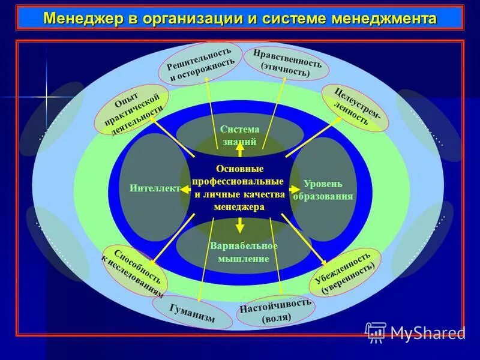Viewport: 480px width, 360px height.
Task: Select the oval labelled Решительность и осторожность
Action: point(200,64)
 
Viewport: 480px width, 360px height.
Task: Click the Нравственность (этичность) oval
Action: point(287,63)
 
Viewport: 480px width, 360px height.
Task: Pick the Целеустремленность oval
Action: point(355,107)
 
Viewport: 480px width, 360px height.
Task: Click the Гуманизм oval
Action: point(192,313)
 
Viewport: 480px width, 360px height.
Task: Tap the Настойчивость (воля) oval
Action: point(275,311)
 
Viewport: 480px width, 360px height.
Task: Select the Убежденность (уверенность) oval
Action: point(349,273)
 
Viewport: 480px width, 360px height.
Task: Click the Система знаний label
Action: point(239,136)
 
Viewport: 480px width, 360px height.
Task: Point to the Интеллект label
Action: point(154,188)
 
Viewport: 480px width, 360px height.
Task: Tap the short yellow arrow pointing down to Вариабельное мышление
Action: point(239,225)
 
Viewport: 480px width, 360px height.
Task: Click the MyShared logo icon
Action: point(376,332)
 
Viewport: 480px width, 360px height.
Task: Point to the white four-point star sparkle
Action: point(46,97)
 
